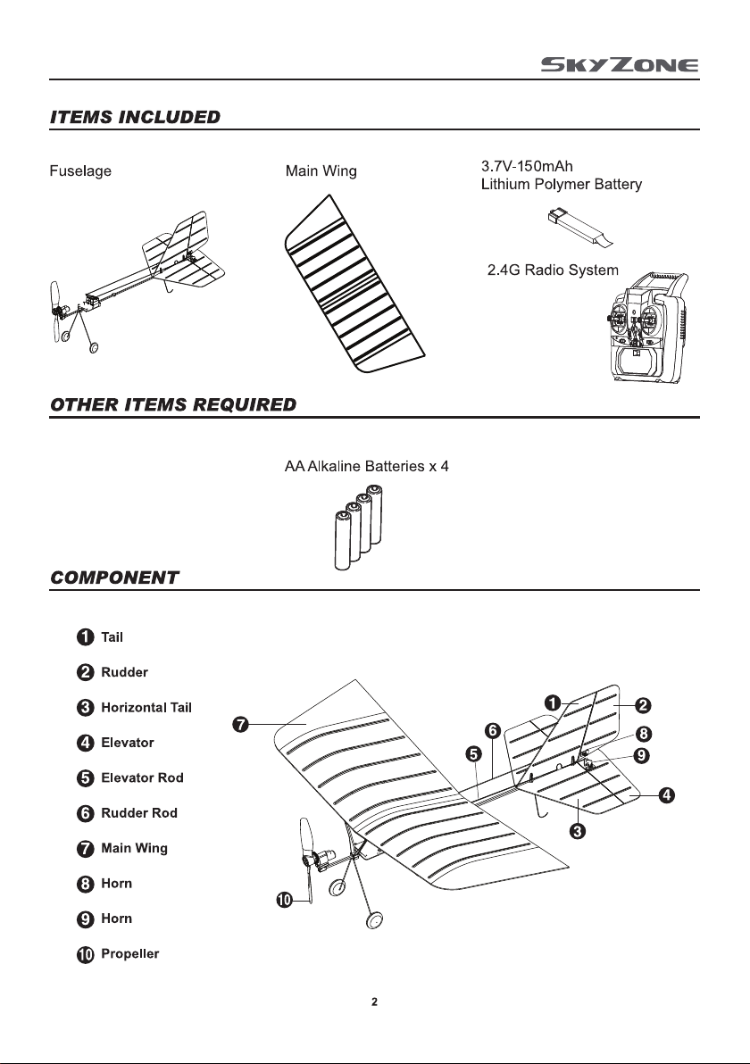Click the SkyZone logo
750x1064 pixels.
click(x=619, y=65)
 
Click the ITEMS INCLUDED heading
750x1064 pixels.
click(x=135, y=117)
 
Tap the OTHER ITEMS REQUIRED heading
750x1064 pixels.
click(x=173, y=404)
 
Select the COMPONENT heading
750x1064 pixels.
click(x=114, y=578)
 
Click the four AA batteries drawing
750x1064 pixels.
click(x=358, y=528)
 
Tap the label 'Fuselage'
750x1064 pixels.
click(x=80, y=171)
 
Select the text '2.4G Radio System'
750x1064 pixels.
click(x=553, y=270)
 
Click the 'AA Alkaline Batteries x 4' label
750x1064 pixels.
click(x=366, y=466)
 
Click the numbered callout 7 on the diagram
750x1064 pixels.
click(x=240, y=725)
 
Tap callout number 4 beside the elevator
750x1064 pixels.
click(x=666, y=794)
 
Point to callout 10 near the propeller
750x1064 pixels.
click(x=285, y=900)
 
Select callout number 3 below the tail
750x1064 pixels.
click(x=578, y=830)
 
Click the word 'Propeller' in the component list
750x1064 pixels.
click(x=129, y=953)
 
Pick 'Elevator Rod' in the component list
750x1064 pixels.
click(x=142, y=777)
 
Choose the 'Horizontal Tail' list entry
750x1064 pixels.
click(x=146, y=707)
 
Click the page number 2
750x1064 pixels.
click(x=375, y=1002)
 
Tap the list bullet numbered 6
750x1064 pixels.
click(x=85, y=813)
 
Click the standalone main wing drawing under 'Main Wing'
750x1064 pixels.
click(x=354, y=285)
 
